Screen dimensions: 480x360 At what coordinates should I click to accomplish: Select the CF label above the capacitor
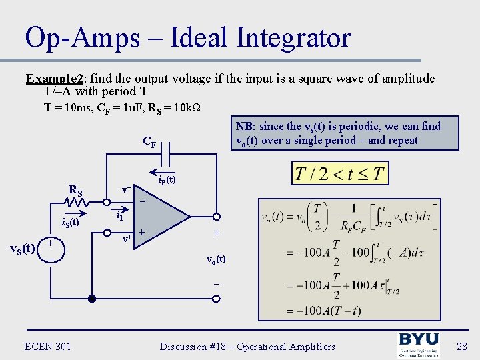[149, 141]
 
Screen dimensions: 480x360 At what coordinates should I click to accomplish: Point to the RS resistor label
[75, 191]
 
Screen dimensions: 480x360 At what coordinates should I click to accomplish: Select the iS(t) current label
[69, 222]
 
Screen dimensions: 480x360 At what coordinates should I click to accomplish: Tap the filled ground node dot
[92, 298]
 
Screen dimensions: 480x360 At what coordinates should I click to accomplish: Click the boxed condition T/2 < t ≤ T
[339, 173]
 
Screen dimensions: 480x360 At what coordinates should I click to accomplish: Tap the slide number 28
[463, 346]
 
